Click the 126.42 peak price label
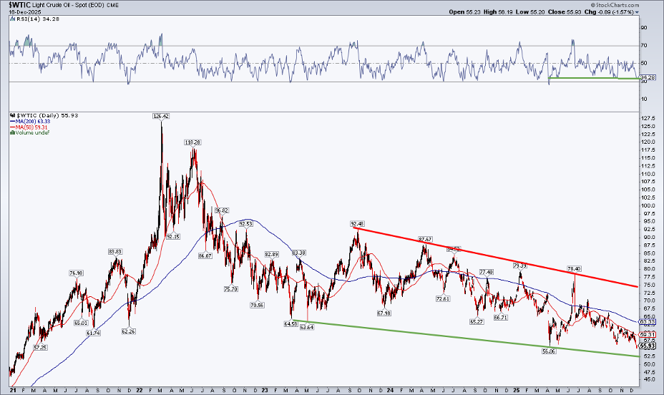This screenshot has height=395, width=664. (161, 116)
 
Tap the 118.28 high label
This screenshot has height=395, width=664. (192, 142)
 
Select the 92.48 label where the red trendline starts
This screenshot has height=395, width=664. (358, 223)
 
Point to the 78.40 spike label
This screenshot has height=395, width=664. (575, 269)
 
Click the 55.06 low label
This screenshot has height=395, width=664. (549, 351)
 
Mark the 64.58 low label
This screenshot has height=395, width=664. (290, 324)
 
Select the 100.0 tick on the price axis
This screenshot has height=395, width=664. (646, 206)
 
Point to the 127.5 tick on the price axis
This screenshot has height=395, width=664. (646, 119)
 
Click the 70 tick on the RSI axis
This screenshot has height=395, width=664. (644, 46)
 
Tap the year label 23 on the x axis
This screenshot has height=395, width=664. (265, 390)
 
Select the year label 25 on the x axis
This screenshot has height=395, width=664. (516, 390)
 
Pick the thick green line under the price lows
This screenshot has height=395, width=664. (465, 341)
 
